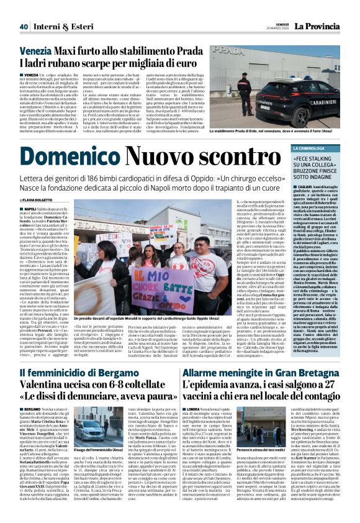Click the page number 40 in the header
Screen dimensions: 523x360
[24, 9]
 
